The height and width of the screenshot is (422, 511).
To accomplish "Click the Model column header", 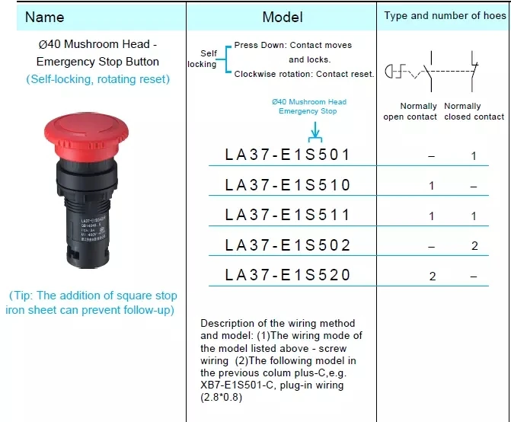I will pos(282,17).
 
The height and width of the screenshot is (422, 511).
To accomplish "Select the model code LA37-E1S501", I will pos(287,155).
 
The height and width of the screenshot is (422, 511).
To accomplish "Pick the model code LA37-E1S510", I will pos(287,185).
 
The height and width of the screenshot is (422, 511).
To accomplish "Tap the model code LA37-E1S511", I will pos(287,216).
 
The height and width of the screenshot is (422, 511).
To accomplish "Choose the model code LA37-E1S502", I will pos(287,245).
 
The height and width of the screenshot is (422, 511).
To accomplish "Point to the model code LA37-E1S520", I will pos(287,275).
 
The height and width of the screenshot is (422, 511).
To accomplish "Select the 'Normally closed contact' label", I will pos(474,111).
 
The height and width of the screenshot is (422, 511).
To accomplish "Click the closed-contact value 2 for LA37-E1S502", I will pos(474,246).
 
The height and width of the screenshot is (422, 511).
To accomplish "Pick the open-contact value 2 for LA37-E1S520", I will pos(433,276).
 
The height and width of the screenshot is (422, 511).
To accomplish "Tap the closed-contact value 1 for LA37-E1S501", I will pos(474,155).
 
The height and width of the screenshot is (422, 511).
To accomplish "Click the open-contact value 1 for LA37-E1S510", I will pos(432,186).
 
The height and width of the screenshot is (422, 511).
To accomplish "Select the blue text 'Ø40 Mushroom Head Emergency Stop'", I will pos(308,107).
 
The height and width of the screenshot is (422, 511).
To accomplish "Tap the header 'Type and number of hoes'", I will pos(443,15).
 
